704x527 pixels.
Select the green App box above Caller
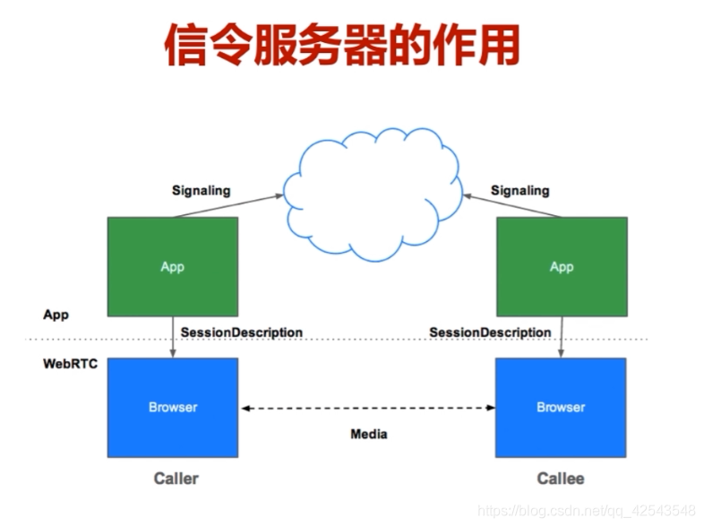(173, 266)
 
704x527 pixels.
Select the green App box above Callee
(562, 266)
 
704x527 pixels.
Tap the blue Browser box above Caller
(173, 407)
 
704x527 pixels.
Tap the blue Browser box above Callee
(561, 407)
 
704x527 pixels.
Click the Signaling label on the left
(201, 190)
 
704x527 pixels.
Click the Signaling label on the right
(519, 190)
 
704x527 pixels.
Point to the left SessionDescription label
(241, 333)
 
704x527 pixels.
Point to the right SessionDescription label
(490, 333)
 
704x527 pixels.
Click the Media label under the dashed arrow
(368, 435)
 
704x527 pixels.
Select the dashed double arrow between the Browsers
(367, 408)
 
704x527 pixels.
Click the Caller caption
(176, 479)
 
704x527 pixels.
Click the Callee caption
(561, 479)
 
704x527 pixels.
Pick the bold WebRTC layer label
(70, 365)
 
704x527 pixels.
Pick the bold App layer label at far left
(56, 315)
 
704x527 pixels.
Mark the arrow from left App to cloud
(228, 205)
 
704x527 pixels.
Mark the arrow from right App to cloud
(511, 204)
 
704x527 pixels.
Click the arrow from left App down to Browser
(173, 337)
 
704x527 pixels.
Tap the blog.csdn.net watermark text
(588, 510)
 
